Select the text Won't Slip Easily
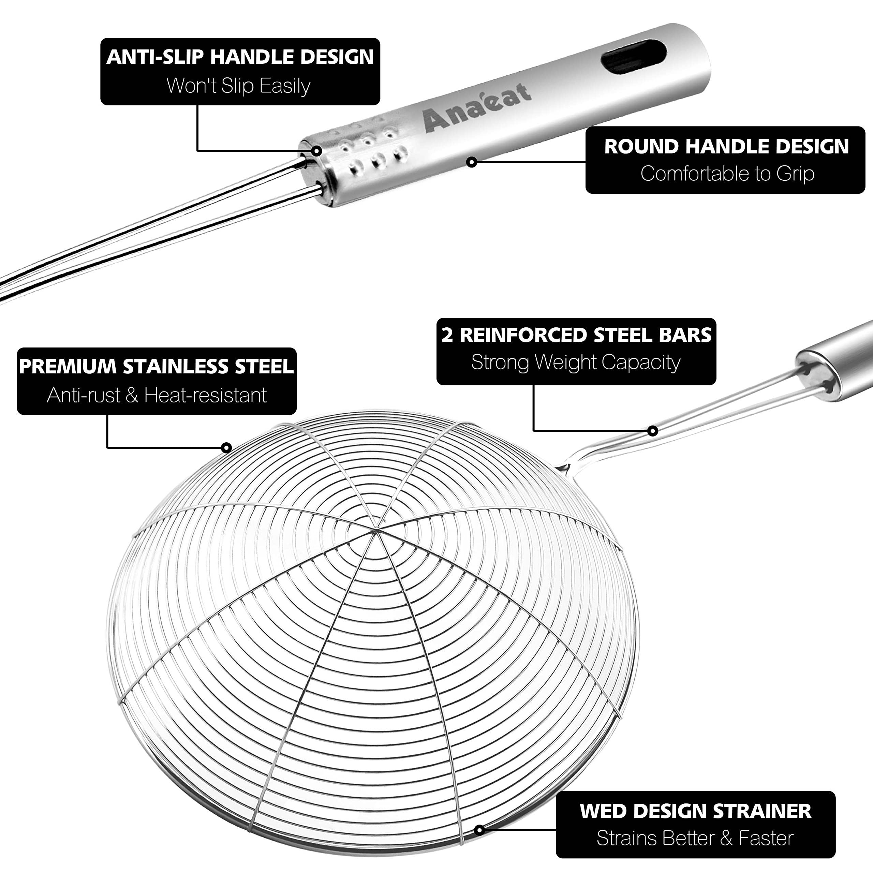click(x=239, y=86)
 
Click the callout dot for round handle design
click(x=471, y=162)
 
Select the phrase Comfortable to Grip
click(x=727, y=174)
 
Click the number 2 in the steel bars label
click(x=447, y=335)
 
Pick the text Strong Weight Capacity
click(x=576, y=362)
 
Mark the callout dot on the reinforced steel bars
click(x=652, y=431)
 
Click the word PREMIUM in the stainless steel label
click(x=68, y=367)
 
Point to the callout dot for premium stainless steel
click(x=226, y=448)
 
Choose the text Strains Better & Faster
click(x=695, y=838)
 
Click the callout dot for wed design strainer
click(x=479, y=830)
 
